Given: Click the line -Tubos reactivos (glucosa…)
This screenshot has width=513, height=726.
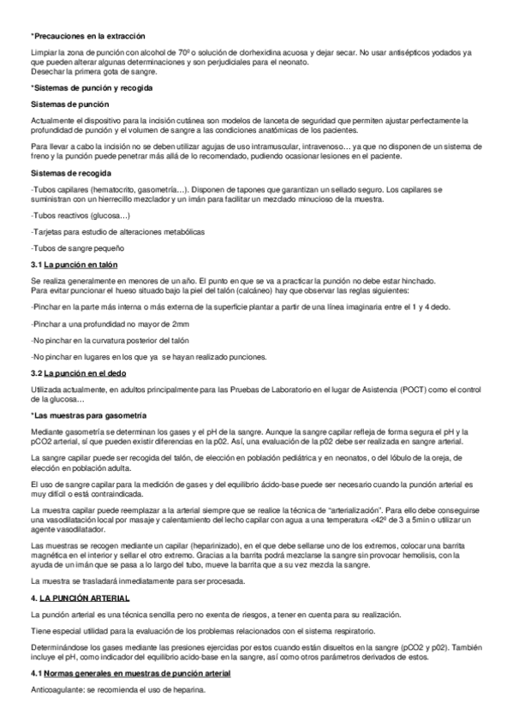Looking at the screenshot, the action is [x=80, y=216].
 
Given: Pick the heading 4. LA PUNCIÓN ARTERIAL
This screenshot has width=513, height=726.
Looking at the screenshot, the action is [x=81, y=597].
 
